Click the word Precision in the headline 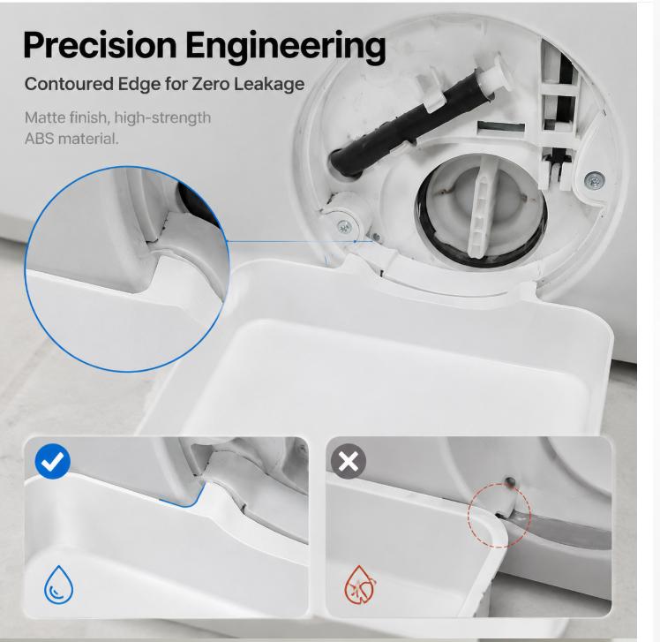click(x=101, y=45)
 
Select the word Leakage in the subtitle click(x=269, y=84)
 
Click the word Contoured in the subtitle click(x=69, y=84)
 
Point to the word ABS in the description click(x=39, y=138)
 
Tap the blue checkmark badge click(x=53, y=461)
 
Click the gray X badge click(x=349, y=461)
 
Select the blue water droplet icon click(x=58, y=585)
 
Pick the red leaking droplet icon click(x=360, y=585)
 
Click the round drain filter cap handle click(x=482, y=211)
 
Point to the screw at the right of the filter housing click(x=595, y=180)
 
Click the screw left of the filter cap click(x=345, y=228)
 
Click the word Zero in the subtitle click(x=211, y=84)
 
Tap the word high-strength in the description click(x=162, y=118)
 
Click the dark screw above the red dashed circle click(x=510, y=480)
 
